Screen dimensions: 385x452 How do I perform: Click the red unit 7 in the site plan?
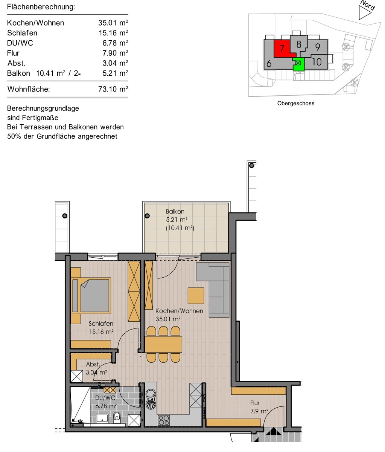[x=282, y=48]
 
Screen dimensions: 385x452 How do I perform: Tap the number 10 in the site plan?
[x=317, y=62]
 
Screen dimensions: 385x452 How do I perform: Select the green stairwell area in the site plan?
[x=299, y=64]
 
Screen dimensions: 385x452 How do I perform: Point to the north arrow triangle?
[x=364, y=12]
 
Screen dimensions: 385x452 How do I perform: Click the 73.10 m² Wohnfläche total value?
[x=113, y=89]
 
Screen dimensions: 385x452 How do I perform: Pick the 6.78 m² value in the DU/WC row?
[x=115, y=43]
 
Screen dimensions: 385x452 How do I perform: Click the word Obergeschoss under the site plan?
[x=296, y=103]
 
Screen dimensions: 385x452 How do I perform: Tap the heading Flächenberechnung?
[x=41, y=7]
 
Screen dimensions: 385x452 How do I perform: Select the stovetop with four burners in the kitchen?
[x=164, y=420]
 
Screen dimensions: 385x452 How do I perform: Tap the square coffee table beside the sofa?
[x=196, y=296]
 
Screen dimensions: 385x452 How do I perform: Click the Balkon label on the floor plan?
[x=175, y=211]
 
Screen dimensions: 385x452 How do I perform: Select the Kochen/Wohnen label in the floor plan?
[x=179, y=311]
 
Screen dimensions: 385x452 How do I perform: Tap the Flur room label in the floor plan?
[x=255, y=403]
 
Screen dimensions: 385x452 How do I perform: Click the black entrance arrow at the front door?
[x=273, y=431]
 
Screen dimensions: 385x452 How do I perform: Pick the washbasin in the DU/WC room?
[x=102, y=417]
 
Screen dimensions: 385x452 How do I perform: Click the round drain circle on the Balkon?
[x=147, y=216]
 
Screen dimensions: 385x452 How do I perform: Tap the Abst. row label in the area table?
[x=17, y=63]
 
